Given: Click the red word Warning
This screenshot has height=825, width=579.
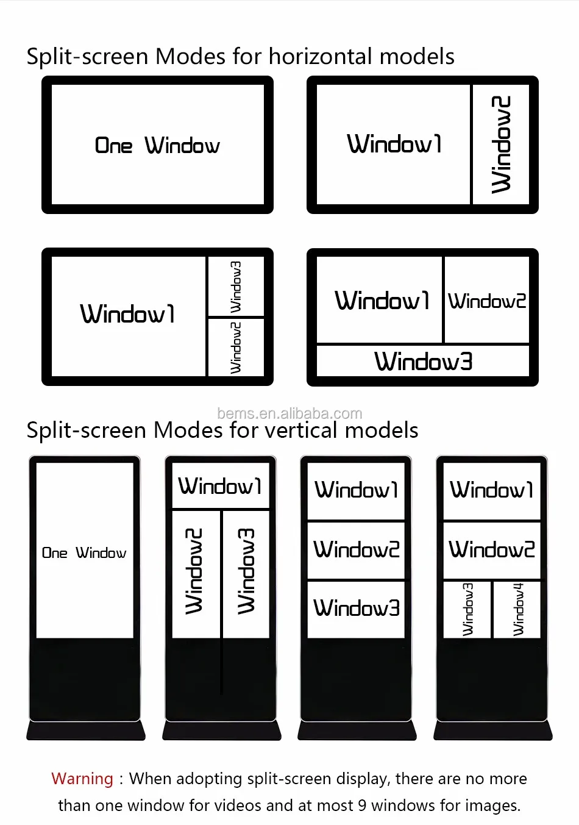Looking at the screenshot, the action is coord(82,779).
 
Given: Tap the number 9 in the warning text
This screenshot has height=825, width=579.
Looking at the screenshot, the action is coord(361,805).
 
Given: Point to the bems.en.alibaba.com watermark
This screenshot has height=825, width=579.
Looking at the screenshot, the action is coord(289,413).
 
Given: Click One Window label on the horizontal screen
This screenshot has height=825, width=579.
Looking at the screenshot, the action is coord(157,146).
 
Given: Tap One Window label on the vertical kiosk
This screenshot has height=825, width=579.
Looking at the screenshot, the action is coord(84,553).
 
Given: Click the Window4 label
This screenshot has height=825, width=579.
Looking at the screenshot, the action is coord(517,609).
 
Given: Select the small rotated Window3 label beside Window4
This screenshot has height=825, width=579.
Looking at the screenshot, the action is coord(467,609).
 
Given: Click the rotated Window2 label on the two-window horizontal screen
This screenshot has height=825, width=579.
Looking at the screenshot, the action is coord(501,145).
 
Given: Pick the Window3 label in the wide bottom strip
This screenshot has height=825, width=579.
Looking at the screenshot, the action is coord(424,362).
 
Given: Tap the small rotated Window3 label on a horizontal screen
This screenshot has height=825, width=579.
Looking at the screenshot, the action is coord(236,286).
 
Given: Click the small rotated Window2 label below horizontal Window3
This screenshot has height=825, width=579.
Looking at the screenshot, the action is coord(236,348).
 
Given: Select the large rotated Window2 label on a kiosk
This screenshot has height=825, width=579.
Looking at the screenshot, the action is coord(194,571).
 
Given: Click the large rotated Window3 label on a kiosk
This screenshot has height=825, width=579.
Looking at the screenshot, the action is coord(246,571).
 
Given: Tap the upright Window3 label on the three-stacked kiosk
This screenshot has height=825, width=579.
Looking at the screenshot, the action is coord(357,608).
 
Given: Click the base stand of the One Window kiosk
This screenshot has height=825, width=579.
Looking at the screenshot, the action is coord(85,730).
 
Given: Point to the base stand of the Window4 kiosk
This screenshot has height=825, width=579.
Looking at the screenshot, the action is coord(492,730).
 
